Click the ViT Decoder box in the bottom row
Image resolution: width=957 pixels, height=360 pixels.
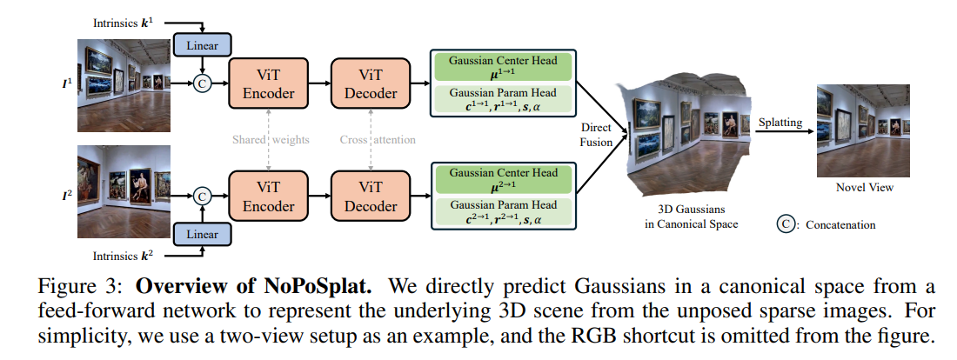(x=371, y=197)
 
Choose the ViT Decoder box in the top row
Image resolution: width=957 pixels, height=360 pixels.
(x=371, y=83)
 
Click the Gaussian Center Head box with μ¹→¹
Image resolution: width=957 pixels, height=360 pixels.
(x=503, y=67)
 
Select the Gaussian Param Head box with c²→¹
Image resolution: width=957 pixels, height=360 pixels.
(x=503, y=212)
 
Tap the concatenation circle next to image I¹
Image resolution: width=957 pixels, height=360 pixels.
(x=202, y=83)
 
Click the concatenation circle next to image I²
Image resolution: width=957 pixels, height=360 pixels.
(x=202, y=197)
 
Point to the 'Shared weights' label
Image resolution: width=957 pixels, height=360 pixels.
(x=271, y=140)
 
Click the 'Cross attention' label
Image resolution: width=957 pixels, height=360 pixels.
(x=378, y=140)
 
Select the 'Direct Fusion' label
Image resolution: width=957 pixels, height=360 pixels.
(x=596, y=135)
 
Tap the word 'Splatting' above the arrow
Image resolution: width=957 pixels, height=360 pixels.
(x=780, y=122)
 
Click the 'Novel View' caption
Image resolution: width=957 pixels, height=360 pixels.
(x=864, y=187)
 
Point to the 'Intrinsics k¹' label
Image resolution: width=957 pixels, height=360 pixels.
(x=123, y=23)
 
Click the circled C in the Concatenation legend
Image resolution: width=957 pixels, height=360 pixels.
(x=786, y=224)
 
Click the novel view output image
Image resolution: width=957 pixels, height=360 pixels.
(x=864, y=130)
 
